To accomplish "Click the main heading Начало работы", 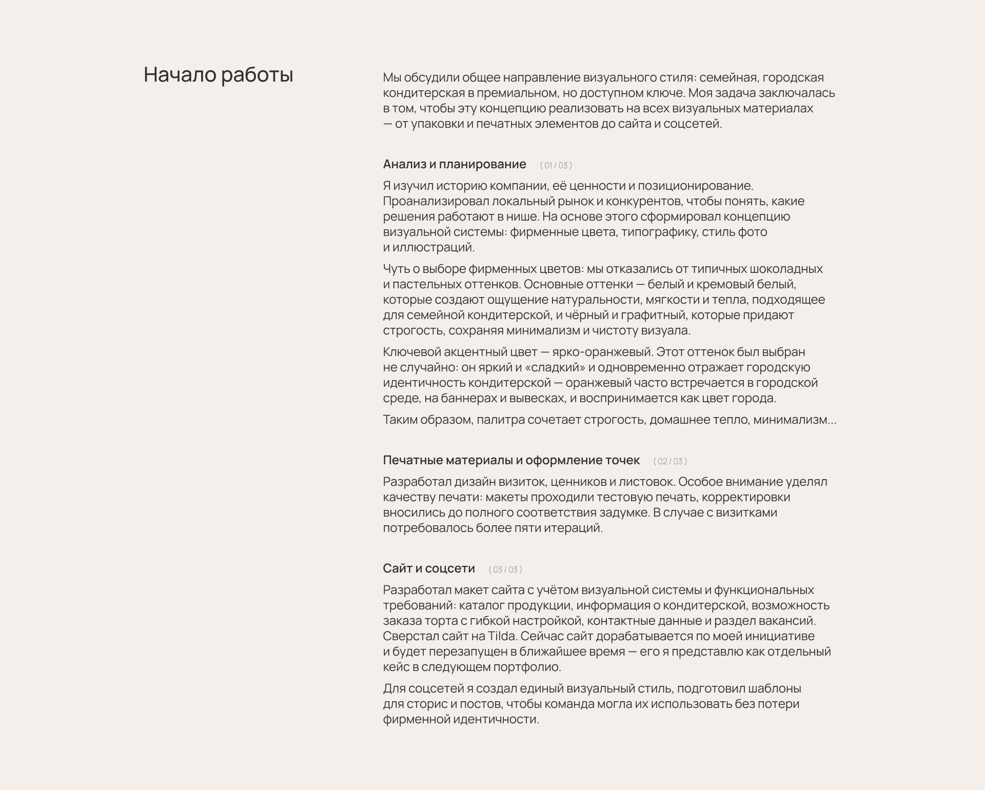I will (x=218, y=75).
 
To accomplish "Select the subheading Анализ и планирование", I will (x=454, y=164).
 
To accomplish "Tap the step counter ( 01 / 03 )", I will (x=556, y=165).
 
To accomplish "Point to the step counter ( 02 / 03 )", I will (x=670, y=461).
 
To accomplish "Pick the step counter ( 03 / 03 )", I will (x=505, y=569).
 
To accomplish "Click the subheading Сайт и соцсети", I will (x=428, y=568).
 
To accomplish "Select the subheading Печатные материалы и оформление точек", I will (x=511, y=460).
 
